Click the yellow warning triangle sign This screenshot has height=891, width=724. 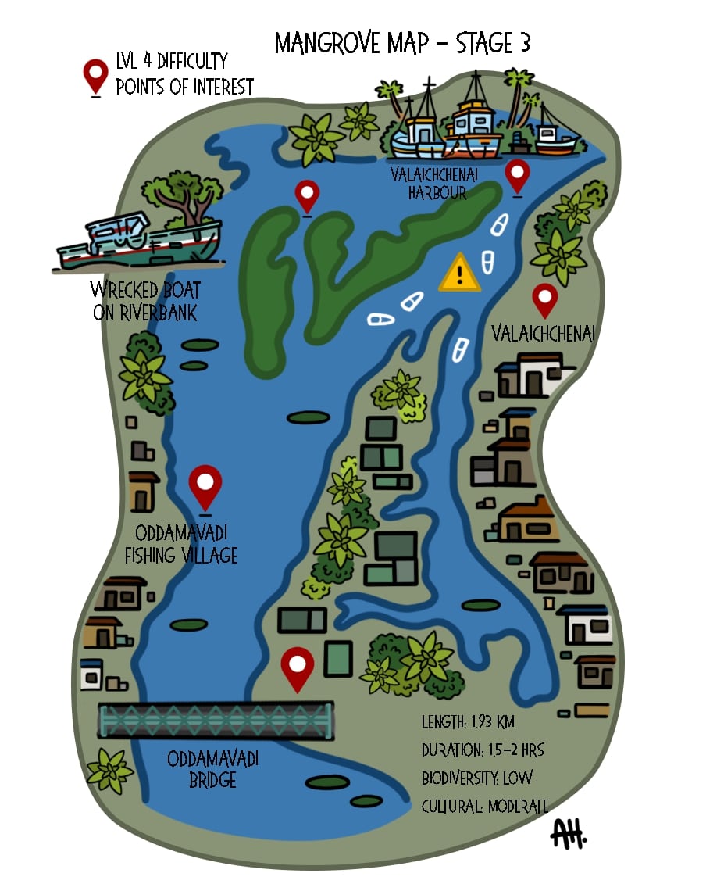tap(460, 274)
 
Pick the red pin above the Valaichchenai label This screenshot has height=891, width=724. tap(544, 299)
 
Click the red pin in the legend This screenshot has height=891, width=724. tap(96, 77)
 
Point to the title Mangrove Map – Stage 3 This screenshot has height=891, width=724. tap(402, 44)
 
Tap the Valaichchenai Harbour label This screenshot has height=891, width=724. tap(429, 183)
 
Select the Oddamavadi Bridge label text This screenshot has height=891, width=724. tap(212, 769)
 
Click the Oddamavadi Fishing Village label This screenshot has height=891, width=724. tap(186, 545)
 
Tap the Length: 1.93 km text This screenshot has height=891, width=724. tap(468, 722)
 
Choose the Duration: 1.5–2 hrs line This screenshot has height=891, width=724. tap(483, 750)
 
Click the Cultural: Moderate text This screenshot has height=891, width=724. tap(485, 806)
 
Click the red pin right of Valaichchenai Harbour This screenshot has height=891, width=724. tap(517, 175)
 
